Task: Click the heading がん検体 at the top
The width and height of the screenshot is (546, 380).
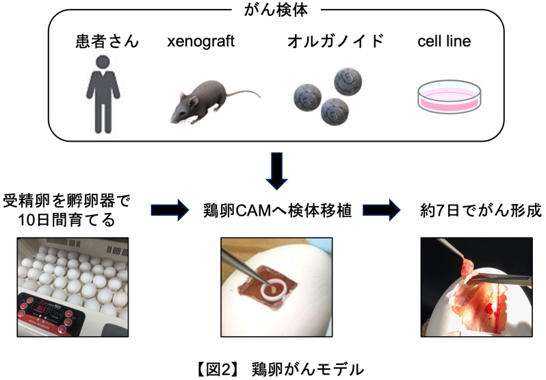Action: click(x=273, y=9)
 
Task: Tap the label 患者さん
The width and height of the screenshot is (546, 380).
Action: click(x=107, y=42)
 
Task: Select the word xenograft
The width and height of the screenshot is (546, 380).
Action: click(x=200, y=42)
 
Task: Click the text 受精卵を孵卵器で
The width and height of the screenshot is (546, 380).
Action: click(x=66, y=201)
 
